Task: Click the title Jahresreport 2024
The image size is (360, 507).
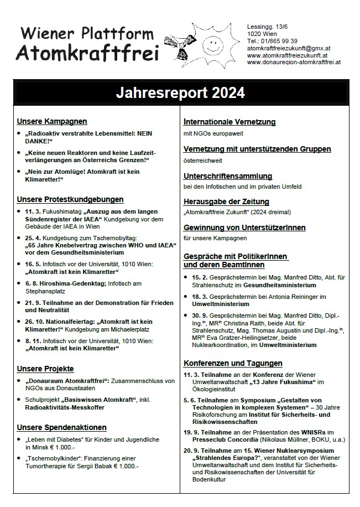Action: pyautogui.click(x=180, y=92)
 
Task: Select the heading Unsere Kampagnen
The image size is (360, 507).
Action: pyautogui.click(x=52, y=121)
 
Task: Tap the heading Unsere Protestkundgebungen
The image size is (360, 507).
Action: pyautogui.click(x=70, y=199)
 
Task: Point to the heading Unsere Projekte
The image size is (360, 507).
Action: pyautogui.click(x=45, y=368)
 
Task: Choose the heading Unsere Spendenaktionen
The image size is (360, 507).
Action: pyautogui.click(x=62, y=427)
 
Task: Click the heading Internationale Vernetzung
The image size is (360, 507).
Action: pyautogui.click(x=229, y=122)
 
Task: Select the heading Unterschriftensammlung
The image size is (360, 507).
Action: pyautogui.click(x=228, y=176)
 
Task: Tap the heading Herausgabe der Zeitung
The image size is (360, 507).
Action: pyautogui.click(x=226, y=201)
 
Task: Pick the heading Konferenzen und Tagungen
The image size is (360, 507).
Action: pyautogui.click(x=233, y=363)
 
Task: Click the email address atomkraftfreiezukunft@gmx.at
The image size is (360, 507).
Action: pyautogui.click(x=288, y=48)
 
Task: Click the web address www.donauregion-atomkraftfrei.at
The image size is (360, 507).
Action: pyautogui.click(x=294, y=62)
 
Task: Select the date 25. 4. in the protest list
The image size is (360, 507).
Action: pyautogui.click(x=33, y=236)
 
